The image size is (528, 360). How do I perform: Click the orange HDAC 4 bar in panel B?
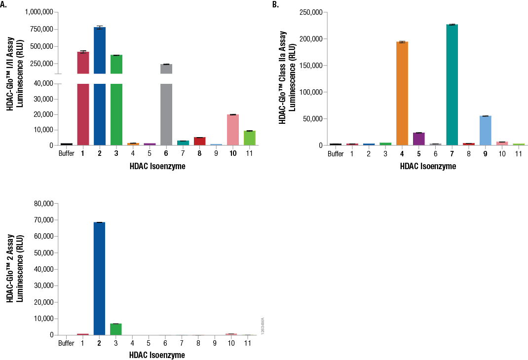point(402,94)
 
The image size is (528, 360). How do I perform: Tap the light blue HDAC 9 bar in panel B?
point(486,131)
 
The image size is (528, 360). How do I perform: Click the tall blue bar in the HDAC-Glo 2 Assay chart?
point(99,279)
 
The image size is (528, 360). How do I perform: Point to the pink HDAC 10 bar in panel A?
point(232,130)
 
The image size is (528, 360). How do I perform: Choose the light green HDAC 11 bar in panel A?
point(249,138)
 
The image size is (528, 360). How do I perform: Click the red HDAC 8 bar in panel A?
point(199,141)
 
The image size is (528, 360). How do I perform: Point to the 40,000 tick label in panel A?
point(41,84)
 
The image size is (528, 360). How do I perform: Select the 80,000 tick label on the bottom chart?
point(41,204)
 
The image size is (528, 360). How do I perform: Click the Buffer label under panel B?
point(336,154)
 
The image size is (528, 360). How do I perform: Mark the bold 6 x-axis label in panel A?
point(166,153)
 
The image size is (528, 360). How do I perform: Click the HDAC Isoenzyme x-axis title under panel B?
point(427,167)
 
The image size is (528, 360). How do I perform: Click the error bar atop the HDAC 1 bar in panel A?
point(83,51)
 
